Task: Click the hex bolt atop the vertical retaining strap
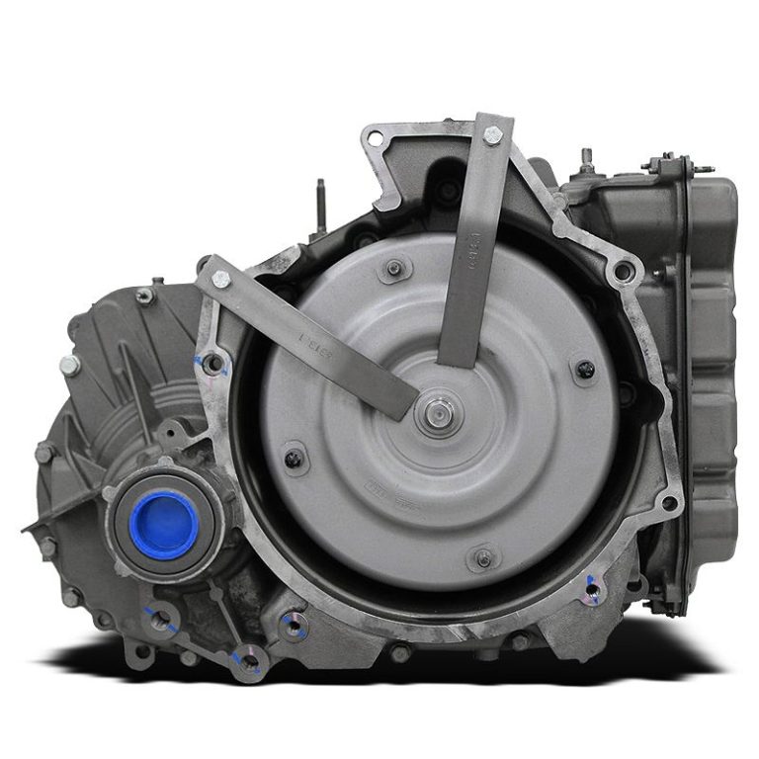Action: tap(491, 135)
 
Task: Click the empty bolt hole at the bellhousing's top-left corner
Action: tap(376, 140)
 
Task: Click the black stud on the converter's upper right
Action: tap(585, 370)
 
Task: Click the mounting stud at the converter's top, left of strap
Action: tap(395, 267)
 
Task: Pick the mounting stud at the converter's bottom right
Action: tap(483, 558)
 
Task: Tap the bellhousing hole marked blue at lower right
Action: tap(591, 592)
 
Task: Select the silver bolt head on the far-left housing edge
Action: tap(69, 365)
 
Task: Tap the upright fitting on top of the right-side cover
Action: tap(587, 161)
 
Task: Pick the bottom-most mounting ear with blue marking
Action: tap(247, 660)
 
